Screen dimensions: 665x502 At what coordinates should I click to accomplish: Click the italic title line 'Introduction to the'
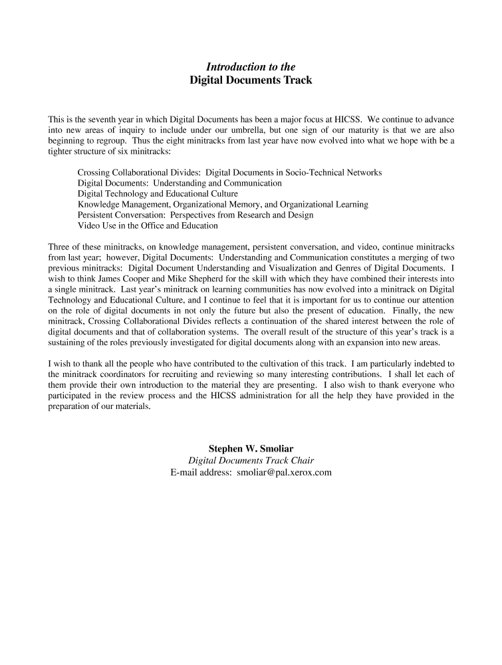click(251, 66)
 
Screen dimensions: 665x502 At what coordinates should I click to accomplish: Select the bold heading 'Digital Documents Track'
click(251, 80)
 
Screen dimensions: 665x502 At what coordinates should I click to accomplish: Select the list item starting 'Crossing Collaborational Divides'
click(229, 172)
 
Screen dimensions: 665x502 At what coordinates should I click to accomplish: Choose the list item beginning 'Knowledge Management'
click(223, 204)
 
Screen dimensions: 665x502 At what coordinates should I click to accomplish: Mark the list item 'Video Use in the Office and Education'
click(148, 225)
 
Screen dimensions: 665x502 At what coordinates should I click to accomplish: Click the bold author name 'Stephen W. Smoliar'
click(251, 448)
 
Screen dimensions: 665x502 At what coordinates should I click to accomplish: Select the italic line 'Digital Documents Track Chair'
click(251, 460)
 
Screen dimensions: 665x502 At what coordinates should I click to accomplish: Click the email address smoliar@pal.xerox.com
click(284, 472)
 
